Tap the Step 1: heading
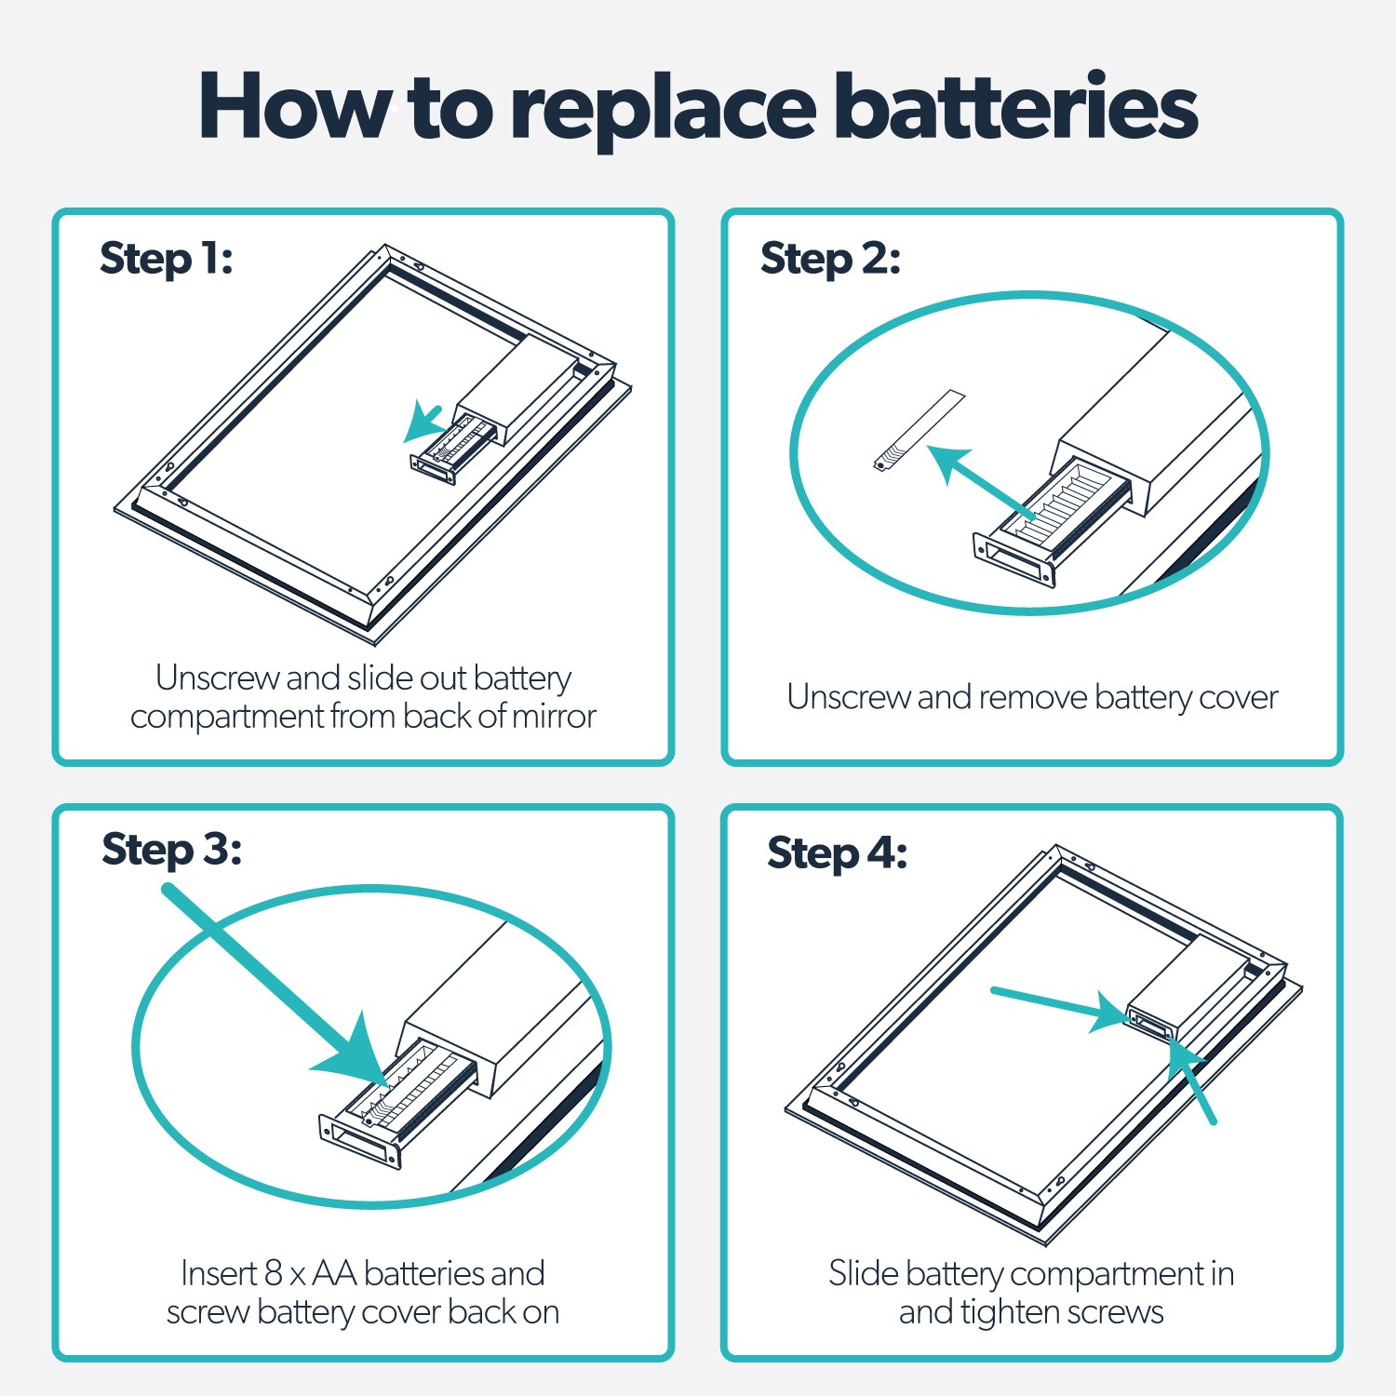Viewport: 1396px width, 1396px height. click(166, 259)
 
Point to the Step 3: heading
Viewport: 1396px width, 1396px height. click(171, 850)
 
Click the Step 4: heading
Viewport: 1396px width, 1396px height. click(837, 853)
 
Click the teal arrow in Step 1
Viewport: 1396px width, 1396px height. click(423, 423)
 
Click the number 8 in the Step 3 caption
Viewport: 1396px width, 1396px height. click(273, 1272)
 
